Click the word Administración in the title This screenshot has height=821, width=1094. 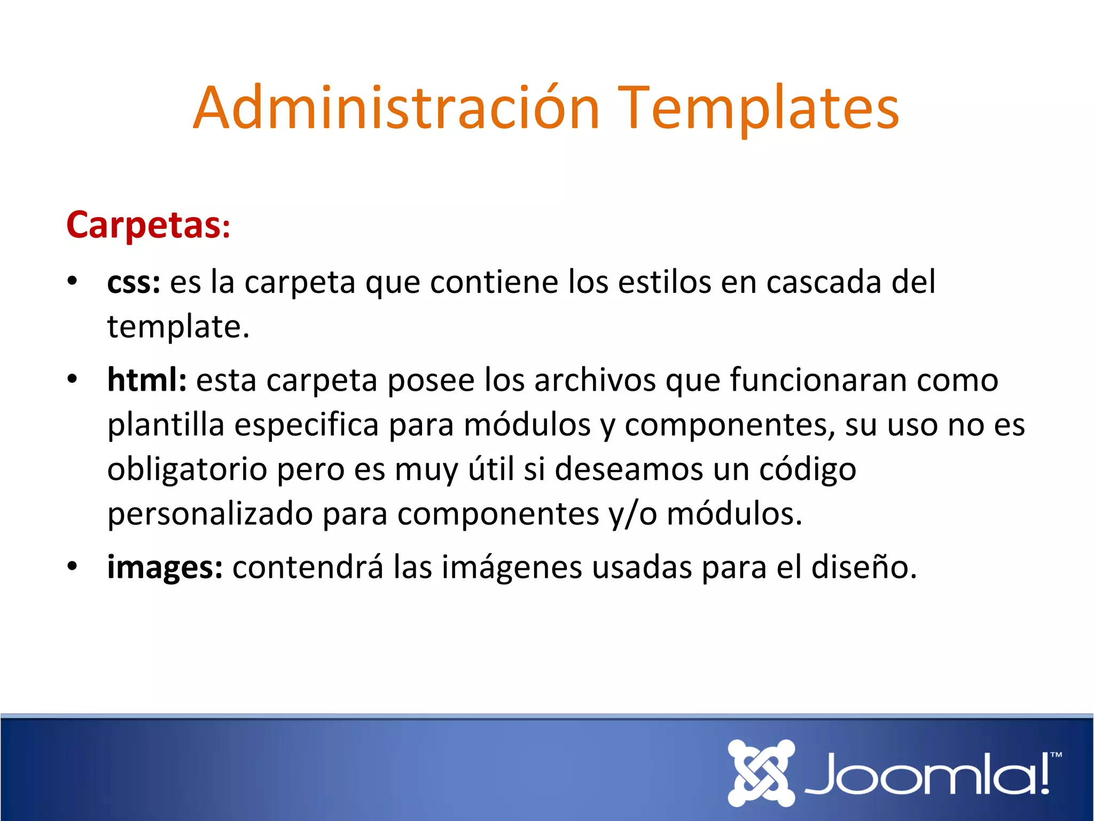[396, 109]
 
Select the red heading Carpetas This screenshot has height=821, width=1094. [144, 225]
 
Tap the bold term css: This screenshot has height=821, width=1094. [134, 282]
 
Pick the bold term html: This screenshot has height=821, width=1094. [147, 380]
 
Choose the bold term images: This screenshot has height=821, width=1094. [165, 567]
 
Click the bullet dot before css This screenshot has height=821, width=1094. [72, 281]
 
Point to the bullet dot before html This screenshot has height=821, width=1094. [72, 379]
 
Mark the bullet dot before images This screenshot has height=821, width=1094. [72, 566]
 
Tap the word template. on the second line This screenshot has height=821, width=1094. [178, 327]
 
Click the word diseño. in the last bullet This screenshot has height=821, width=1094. [864, 567]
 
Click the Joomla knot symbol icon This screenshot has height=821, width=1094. [761, 772]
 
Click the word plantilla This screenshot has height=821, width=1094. [166, 425]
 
